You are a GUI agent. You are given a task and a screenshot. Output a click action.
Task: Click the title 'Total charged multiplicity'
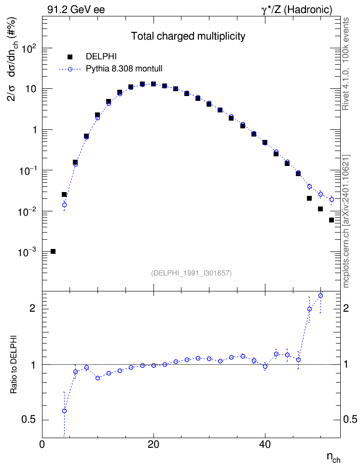[188, 36]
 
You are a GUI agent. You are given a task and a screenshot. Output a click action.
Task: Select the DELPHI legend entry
[92, 56]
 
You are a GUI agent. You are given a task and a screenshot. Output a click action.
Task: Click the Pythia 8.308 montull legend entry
[111, 69]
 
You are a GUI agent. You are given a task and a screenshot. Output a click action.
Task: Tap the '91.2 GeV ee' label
[76, 10]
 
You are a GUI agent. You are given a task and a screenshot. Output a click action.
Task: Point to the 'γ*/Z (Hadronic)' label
[297, 10]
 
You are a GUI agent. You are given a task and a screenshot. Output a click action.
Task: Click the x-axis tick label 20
[153, 444]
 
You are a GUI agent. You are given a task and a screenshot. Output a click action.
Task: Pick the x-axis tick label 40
[265, 444]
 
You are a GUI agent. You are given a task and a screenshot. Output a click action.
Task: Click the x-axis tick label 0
[42, 444]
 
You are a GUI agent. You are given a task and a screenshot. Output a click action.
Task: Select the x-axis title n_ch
[333, 457]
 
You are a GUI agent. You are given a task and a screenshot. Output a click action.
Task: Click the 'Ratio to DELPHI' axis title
[14, 364]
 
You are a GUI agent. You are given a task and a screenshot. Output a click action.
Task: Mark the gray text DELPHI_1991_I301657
[192, 273]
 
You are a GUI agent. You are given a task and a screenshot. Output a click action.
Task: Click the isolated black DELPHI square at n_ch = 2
[53, 251]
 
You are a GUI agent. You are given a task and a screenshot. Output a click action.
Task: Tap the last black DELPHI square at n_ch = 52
[331, 220]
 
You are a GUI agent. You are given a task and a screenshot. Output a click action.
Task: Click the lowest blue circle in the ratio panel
[64, 411]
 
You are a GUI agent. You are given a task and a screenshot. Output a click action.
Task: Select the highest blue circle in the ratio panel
[320, 295]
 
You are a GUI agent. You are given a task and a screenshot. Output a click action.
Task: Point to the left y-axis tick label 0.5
[29, 420]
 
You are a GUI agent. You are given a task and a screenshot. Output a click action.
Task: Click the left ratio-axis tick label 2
[32, 308]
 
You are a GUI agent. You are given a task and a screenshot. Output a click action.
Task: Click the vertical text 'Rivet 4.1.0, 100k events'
[346, 64]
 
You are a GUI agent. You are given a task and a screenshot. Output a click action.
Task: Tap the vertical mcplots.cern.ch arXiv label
[346, 221]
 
